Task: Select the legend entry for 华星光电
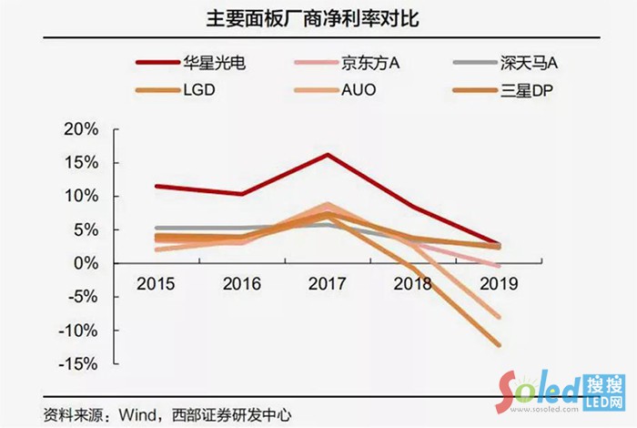coord(214,65)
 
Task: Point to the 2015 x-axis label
coord(156,283)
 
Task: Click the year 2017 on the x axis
coord(327,283)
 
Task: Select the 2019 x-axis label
coord(497,283)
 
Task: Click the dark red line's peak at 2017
coord(327,154)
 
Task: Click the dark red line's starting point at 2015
coord(157,186)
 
